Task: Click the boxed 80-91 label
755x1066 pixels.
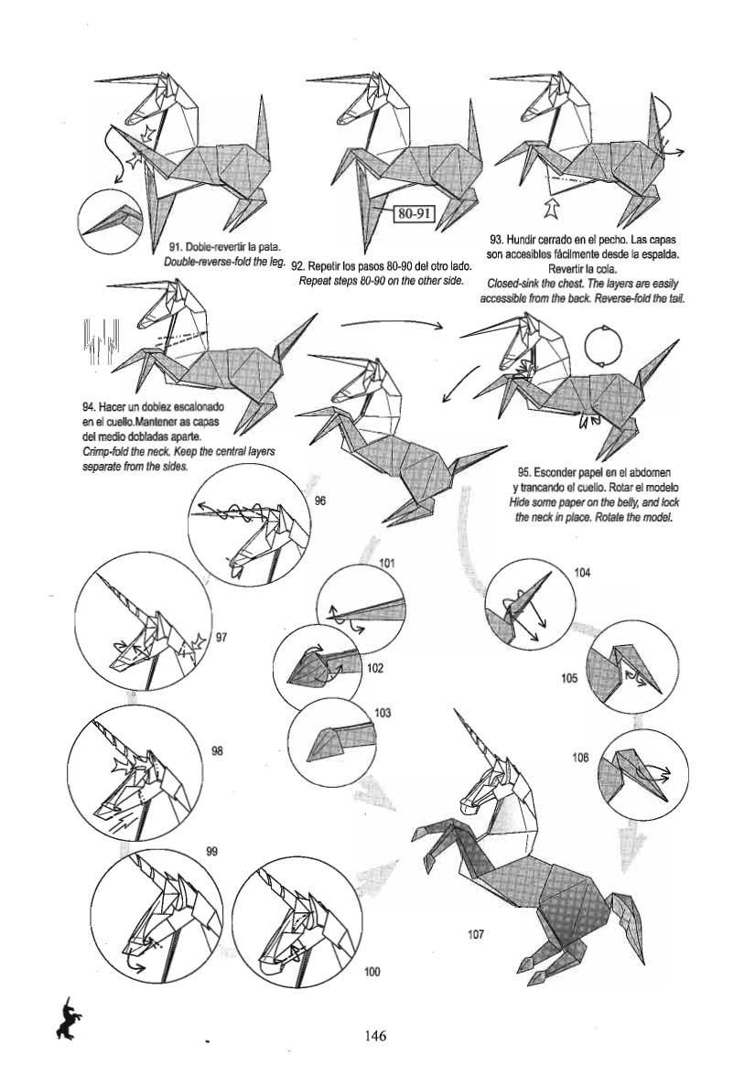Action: [412, 214]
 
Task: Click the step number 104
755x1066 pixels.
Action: [582, 573]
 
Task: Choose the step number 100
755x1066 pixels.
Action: [372, 972]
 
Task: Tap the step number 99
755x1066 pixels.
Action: [211, 850]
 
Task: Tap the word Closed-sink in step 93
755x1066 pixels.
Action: [517, 283]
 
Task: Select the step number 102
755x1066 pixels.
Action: [374, 668]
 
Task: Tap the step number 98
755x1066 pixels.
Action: [218, 751]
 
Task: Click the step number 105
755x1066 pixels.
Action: [569, 679]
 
